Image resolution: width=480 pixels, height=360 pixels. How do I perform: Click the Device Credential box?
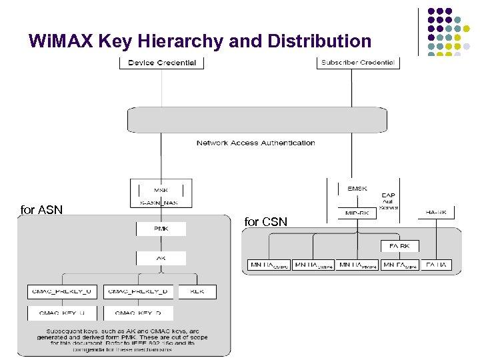162,63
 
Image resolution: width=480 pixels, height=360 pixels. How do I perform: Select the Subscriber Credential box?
357,63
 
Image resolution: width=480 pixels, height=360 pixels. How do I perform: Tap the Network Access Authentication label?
255,143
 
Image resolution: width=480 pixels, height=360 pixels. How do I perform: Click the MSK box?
162,189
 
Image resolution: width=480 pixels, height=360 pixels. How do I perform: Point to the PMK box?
161,229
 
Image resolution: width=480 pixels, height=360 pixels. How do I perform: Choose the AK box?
161,257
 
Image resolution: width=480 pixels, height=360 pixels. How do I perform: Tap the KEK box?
197,292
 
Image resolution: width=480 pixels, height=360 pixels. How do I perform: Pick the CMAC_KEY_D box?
139,313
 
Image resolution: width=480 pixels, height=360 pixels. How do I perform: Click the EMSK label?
357,189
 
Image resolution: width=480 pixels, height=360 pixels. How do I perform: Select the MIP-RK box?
357,213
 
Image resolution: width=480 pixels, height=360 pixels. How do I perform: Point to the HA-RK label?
436,212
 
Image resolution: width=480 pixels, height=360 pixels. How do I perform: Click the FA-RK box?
400,246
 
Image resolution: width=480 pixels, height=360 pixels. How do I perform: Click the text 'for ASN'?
41,210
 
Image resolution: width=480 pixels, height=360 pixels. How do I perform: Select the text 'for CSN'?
266,221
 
